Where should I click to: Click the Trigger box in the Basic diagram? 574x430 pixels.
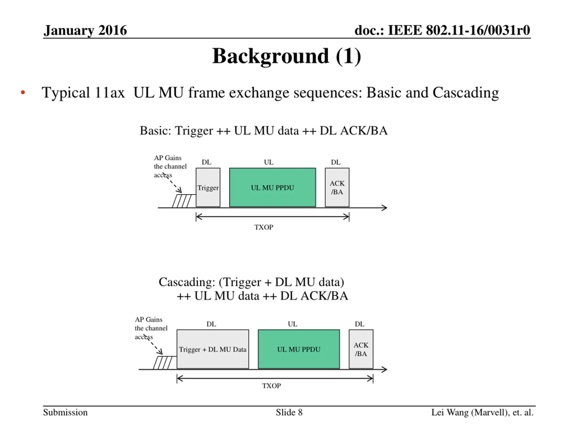(208, 187)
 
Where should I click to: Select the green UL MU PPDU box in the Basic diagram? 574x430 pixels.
(272, 187)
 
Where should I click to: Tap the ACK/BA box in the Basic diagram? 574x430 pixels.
(337, 187)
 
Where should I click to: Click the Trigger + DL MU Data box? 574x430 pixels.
(213, 349)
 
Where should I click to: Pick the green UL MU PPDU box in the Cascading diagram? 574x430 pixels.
(299, 349)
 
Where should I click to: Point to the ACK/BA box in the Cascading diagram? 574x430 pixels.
(361, 349)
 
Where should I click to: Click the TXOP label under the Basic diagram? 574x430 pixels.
(264, 227)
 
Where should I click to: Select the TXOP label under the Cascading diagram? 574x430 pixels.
(272, 386)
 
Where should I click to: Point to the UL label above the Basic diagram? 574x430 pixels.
(269, 162)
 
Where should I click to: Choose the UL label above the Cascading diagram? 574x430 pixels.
(292, 324)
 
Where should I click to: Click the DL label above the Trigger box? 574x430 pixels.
(206, 162)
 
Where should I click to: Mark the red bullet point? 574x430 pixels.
(23, 92)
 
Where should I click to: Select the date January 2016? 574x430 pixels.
(85, 30)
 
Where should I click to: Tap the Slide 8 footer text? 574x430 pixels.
(289, 412)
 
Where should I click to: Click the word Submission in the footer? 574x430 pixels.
(65, 412)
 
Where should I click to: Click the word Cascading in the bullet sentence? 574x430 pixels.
(465, 93)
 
